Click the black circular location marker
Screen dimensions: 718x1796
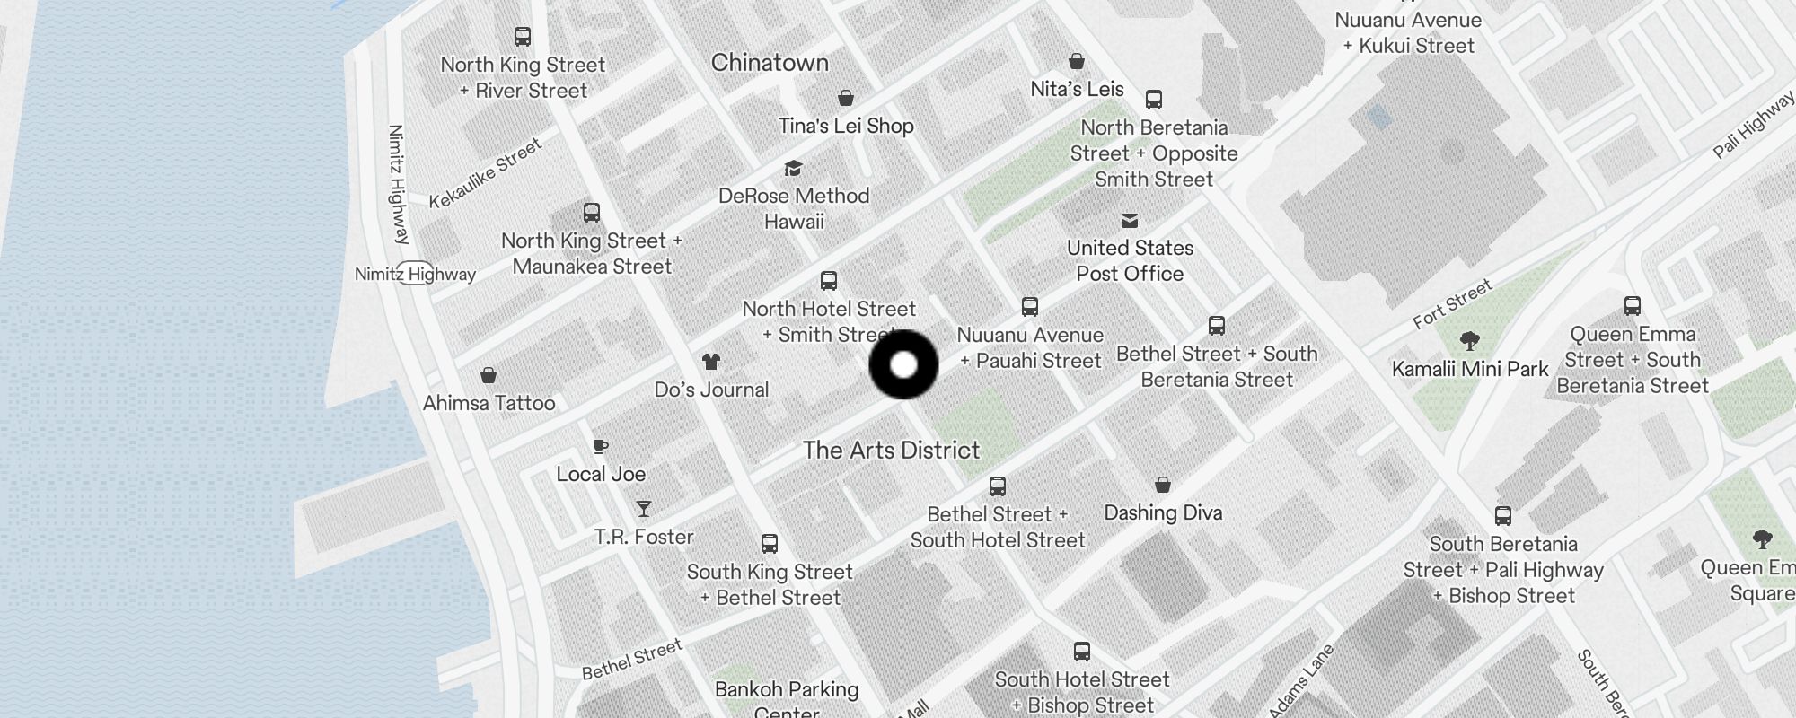coord(903,364)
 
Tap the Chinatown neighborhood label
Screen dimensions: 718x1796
coord(770,63)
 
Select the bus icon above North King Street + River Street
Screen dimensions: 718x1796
coord(522,37)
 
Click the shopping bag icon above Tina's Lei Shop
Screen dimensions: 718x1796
coord(845,98)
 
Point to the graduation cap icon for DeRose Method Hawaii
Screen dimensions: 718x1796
coord(793,168)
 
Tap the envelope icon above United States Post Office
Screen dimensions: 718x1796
coord(1130,220)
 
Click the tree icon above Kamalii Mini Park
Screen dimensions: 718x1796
coord(1469,340)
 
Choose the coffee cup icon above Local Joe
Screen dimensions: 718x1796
coord(601,446)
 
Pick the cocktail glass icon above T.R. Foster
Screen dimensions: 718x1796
coord(643,509)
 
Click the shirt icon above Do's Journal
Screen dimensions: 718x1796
coord(711,362)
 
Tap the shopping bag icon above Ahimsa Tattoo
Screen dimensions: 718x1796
coord(489,375)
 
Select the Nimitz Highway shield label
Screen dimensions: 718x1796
coord(415,274)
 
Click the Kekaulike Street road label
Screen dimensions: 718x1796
coord(485,173)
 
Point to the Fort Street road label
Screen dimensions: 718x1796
coord(1452,303)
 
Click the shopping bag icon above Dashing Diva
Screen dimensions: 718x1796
coord(1163,485)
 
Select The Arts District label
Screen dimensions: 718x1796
coord(891,450)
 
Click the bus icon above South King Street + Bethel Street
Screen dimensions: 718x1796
coord(770,544)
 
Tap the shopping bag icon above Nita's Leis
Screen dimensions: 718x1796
coord(1077,61)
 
